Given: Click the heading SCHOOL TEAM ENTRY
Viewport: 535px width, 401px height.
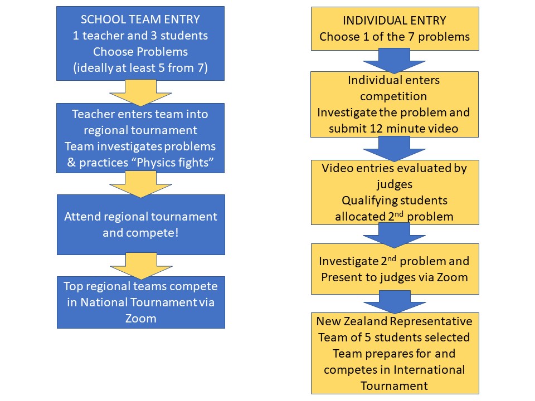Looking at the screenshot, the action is click(x=140, y=19).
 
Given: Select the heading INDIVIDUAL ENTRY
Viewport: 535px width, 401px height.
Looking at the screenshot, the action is click(x=395, y=21).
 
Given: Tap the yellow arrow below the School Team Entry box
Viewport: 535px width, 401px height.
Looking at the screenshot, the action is click(x=140, y=92).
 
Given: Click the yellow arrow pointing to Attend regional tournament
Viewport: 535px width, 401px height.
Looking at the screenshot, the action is click(x=140, y=184).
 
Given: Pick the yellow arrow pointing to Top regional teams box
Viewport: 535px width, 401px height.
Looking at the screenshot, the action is click(x=141, y=266).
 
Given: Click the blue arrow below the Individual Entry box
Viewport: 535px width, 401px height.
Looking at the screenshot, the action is click(x=394, y=61).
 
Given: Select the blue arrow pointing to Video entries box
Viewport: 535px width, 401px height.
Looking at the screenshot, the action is click(x=394, y=149).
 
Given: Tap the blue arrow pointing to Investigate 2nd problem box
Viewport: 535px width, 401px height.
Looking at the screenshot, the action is click(x=394, y=235).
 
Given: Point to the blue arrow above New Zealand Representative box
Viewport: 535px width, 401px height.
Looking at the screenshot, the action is click(x=395, y=302).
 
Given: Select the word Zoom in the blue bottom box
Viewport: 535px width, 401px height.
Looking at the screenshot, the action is click(x=140, y=319).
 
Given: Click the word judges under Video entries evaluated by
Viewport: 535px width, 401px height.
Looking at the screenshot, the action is click(x=395, y=184).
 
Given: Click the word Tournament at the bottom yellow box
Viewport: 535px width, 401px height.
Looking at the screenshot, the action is click(x=394, y=385).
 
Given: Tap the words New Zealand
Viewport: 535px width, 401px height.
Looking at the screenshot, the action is click(x=352, y=321).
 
